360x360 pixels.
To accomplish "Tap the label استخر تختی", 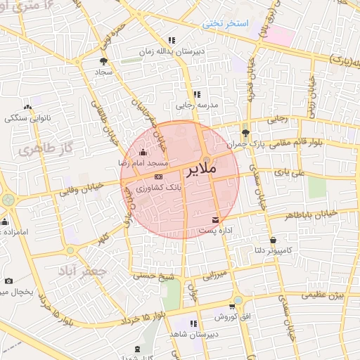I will point(226,23).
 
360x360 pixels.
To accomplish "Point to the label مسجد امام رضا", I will point(142,162).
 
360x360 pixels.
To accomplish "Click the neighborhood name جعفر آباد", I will point(82,271).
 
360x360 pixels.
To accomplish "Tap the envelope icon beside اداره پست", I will point(215,220).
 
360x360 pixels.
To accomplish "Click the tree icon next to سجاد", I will point(104,61).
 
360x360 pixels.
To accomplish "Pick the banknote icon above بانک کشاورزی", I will point(158,176).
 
